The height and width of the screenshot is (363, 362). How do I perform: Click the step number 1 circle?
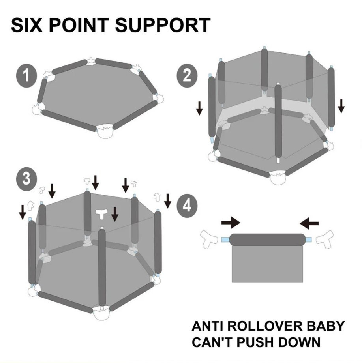(x=26, y=76)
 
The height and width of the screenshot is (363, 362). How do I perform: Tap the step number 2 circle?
(x=187, y=76)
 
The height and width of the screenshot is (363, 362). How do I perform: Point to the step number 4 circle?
(x=187, y=206)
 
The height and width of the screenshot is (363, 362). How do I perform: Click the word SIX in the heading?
(x=27, y=25)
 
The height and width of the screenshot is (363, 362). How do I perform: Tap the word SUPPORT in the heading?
(x=163, y=25)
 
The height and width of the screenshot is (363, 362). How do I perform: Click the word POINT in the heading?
(x=79, y=25)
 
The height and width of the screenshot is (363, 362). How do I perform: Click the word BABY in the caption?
(x=325, y=326)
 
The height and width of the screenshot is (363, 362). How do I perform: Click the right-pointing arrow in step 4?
(x=231, y=223)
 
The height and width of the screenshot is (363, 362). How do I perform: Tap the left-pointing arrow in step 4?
(x=309, y=223)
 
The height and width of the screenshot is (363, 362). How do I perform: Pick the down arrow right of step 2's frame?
(x=341, y=106)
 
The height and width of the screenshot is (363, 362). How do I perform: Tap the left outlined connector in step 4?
(x=209, y=239)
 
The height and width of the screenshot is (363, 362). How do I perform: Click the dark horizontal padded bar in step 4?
(x=268, y=240)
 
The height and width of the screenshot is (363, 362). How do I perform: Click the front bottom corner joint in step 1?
(x=105, y=131)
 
